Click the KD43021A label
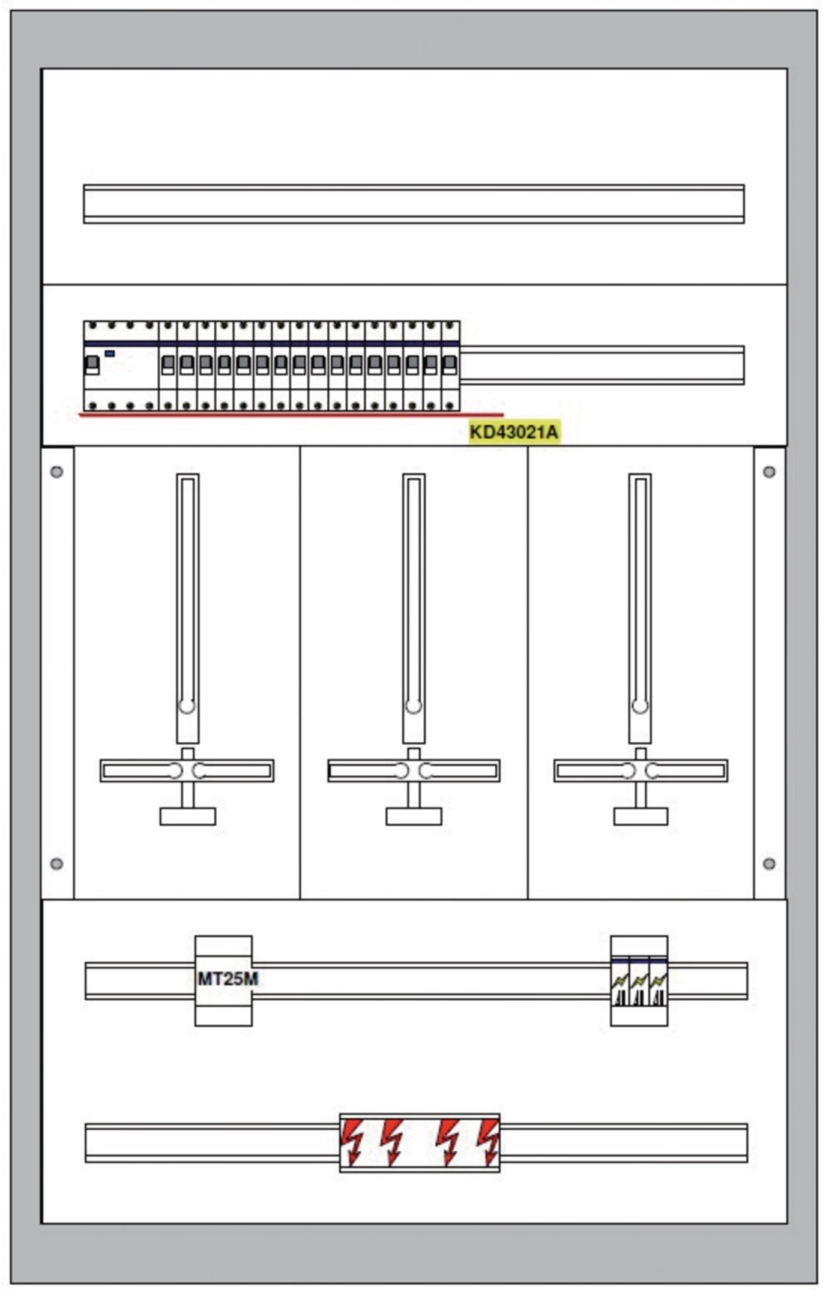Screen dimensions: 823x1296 [x=514, y=431]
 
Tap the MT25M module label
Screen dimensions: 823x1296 [x=228, y=979]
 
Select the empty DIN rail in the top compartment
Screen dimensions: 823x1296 [x=414, y=204]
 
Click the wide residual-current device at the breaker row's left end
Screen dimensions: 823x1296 [x=121, y=366]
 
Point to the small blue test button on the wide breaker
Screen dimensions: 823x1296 [x=110, y=353]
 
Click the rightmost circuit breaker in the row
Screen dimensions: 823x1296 [x=450, y=366]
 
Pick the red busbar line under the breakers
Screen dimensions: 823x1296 [x=291, y=414]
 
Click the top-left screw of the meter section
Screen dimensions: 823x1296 [x=57, y=472]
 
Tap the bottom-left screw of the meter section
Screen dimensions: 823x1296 [x=57, y=863]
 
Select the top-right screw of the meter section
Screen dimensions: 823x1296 [x=769, y=472]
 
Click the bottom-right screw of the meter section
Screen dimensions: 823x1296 [x=769, y=863]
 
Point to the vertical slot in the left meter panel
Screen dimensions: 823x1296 [x=187, y=608]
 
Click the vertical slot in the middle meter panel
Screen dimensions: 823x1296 [x=414, y=608]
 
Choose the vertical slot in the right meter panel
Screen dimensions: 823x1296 [x=640, y=608]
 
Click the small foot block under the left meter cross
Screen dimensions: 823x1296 [x=188, y=816]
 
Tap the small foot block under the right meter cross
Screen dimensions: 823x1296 [x=641, y=816]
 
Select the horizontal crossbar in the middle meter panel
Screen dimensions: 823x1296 [x=414, y=770]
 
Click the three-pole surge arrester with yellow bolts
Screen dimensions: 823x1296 [x=639, y=980]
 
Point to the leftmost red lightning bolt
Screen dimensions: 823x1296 [x=352, y=1142]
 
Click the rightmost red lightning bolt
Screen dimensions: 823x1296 [x=489, y=1142]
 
